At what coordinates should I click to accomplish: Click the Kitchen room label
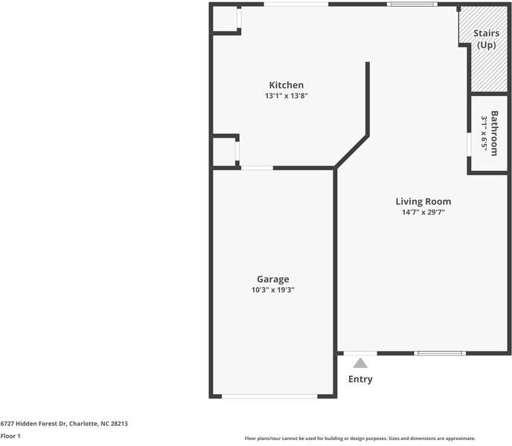click(287, 85)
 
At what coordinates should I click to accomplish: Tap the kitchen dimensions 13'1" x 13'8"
click(287, 96)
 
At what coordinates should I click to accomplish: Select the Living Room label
click(423, 201)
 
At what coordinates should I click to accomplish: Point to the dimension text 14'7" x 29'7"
click(423, 212)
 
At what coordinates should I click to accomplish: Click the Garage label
click(272, 279)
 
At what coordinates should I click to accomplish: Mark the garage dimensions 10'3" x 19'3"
click(272, 290)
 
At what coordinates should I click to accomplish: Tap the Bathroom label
click(494, 133)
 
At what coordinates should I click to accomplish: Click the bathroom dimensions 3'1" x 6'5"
click(484, 133)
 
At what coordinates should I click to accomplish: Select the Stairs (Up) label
click(486, 39)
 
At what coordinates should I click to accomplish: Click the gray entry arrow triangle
click(360, 363)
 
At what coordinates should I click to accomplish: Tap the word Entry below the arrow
click(360, 379)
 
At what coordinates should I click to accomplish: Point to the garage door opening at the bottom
click(269, 396)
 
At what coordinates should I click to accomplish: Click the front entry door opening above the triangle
click(360, 353)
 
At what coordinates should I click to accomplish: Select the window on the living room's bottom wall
click(440, 353)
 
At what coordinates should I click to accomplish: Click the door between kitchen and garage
click(257, 168)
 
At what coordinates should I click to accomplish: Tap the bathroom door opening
click(469, 144)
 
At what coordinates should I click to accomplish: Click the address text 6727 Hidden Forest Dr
click(33, 424)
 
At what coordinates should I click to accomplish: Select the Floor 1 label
click(10, 436)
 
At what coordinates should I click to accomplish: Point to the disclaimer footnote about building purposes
click(360, 439)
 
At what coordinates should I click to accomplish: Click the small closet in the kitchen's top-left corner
click(225, 19)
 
